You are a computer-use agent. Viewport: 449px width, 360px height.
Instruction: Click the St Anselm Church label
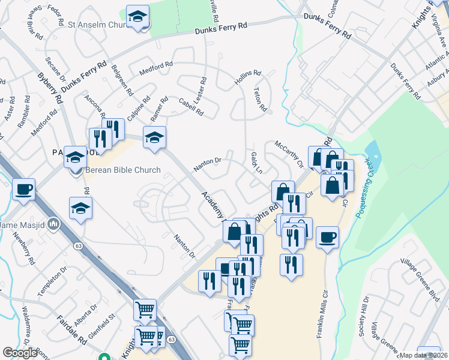(95, 26)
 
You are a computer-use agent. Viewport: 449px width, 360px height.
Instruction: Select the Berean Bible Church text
(122, 170)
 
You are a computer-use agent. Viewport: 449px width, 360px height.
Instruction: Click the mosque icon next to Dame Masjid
(54, 224)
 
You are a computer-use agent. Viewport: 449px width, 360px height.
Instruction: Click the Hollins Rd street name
(249, 79)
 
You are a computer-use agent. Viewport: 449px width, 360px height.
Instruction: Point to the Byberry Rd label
(49, 88)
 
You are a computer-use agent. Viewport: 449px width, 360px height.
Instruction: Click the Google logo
(20, 353)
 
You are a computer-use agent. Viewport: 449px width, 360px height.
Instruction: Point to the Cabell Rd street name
(191, 107)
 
